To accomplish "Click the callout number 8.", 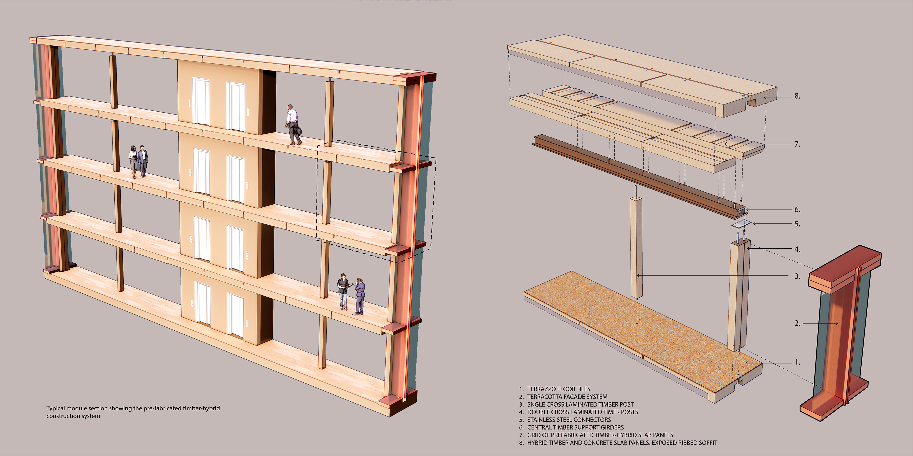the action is point(797,96).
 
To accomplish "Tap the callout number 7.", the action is point(797,144).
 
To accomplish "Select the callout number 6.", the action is point(797,209).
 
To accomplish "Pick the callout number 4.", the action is point(797,249).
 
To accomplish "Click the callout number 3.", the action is point(797,276).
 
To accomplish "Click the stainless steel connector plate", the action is point(742,224).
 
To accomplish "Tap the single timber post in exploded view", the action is point(636,248).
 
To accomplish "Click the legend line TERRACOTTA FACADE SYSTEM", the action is point(567,397).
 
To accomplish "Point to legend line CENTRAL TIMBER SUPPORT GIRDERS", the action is point(575,427).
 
